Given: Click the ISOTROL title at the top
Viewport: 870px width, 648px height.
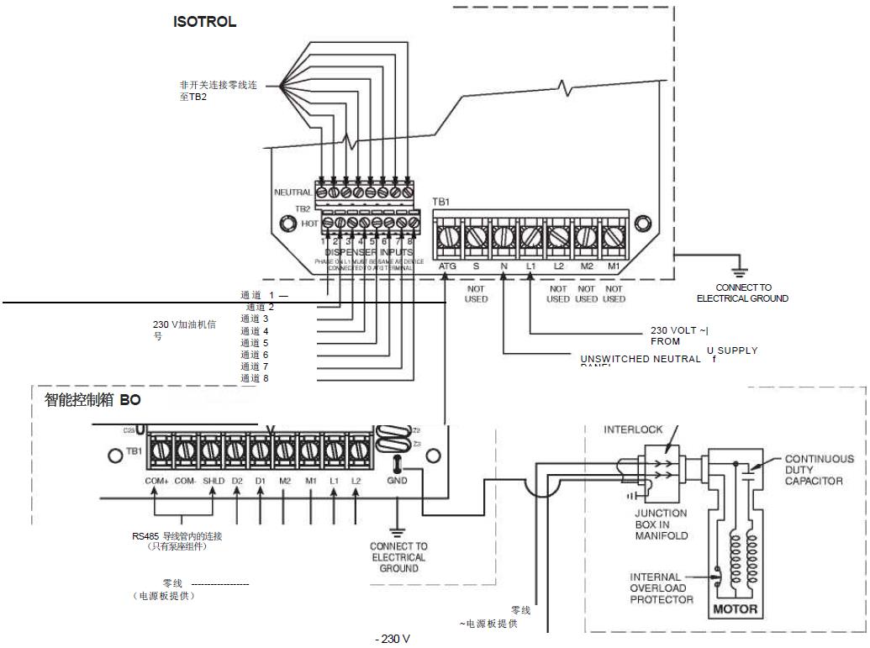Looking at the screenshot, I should tap(204, 23).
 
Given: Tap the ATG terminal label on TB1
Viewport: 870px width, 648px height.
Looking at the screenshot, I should tap(447, 266).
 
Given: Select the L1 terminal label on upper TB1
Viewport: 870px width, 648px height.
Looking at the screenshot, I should tap(531, 266).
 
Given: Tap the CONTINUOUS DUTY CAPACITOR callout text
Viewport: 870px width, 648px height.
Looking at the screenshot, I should tap(819, 472).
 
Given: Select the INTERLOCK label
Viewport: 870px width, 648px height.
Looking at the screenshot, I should tap(633, 429).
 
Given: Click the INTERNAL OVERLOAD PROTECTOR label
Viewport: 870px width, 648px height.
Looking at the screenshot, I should tap(662, 588).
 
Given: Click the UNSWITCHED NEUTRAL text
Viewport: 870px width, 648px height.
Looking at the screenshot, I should tap(640, 359).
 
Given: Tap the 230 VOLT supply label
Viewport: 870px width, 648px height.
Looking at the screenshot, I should tap(680, 336).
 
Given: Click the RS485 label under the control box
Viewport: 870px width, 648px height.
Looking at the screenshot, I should tap(177, 535).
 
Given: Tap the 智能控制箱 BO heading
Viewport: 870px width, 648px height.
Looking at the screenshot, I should tap(92, 401).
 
